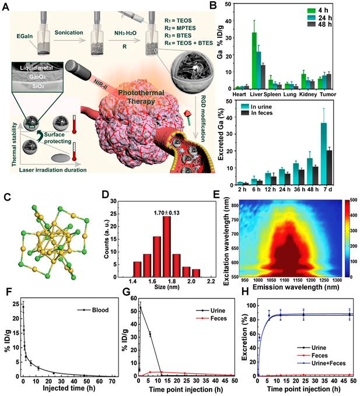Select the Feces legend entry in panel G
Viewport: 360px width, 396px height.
coord(221,319)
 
